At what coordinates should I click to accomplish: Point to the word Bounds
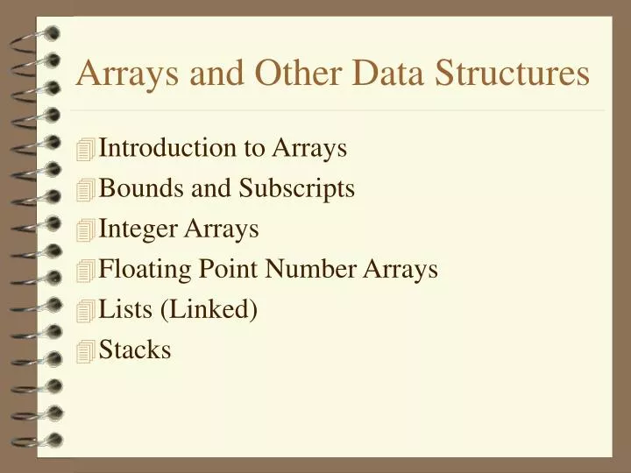coord(135,188)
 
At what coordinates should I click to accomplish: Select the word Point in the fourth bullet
coord(215,269)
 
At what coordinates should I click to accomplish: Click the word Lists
coord(123,309)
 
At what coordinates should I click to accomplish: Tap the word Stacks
coord(135,349)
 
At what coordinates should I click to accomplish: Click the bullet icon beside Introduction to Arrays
coord(85,151)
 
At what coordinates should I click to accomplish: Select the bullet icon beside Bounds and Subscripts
coord(85,191)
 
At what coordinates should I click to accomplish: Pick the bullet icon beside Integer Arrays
coord(85,231)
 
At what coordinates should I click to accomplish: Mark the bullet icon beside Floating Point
coord(85,272)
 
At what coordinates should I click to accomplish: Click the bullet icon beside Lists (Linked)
coord(85,312)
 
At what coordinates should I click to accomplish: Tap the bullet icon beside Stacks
coord(85,352)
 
